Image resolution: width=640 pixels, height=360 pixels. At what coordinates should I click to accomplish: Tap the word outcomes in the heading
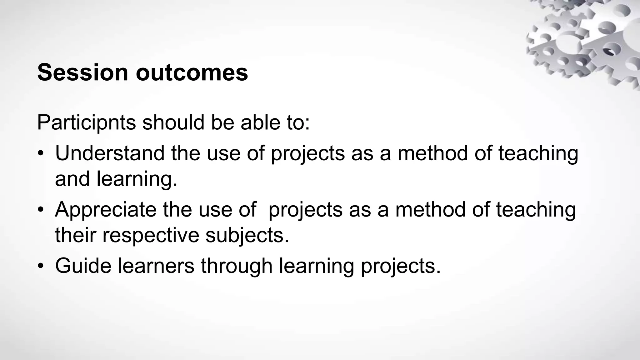pos(192,72)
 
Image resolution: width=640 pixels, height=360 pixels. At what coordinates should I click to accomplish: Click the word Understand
pos(110,153)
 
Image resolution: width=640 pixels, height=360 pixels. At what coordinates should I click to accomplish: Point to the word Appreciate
pos(106,210)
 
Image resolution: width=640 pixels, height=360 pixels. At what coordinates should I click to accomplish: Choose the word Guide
pos(83,266)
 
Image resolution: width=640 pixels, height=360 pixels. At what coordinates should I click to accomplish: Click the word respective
pos(151,235)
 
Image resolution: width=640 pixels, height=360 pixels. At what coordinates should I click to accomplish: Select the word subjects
pos(247,235)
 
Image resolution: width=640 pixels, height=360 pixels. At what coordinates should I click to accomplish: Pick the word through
pos(237,266)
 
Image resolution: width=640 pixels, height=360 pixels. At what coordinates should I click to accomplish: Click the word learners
pos(156,266)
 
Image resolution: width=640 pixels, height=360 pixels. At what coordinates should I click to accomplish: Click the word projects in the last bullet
pos(401,267)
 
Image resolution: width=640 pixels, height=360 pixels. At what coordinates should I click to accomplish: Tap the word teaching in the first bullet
pos(538,154)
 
